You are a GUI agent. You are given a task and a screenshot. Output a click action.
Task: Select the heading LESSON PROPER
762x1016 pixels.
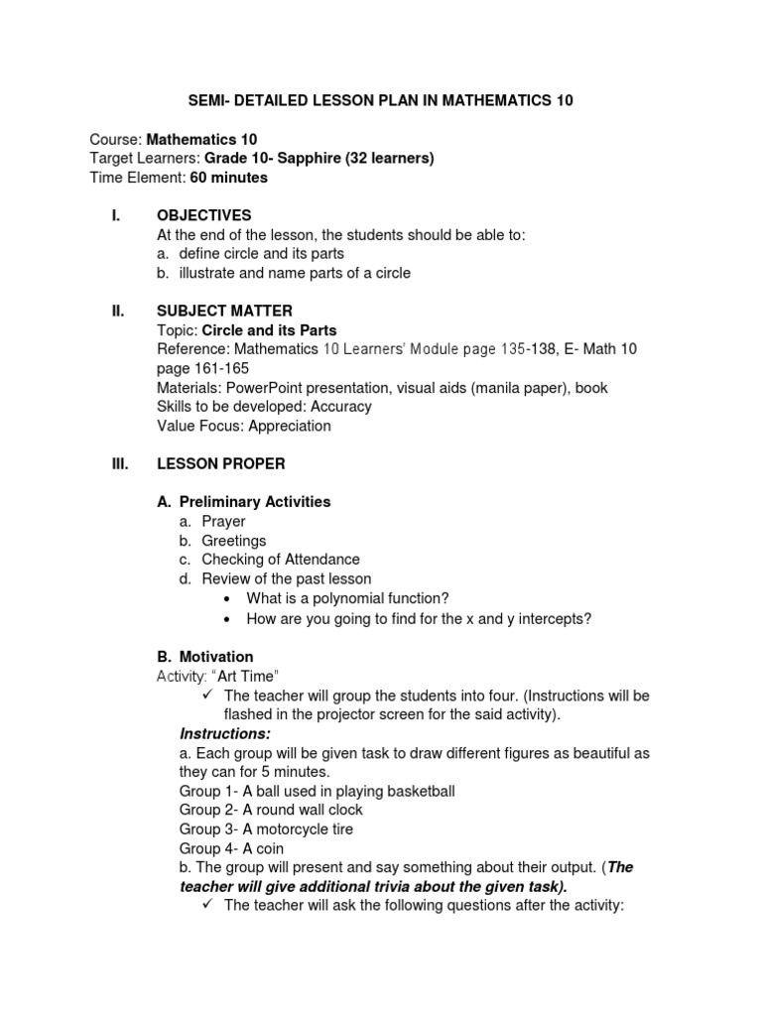click(x=221, y=463)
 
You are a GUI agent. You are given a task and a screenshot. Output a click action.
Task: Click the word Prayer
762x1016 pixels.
click(x=223, y=521)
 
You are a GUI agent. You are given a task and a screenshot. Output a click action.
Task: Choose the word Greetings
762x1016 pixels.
click(x=234, y=541)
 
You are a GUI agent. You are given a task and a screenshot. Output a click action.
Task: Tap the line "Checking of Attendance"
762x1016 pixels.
click(x=281, y=560)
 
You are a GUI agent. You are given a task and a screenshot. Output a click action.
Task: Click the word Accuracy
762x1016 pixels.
click(x=341, y=406)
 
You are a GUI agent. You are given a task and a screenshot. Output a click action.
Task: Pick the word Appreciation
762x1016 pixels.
click(x=290, y=426)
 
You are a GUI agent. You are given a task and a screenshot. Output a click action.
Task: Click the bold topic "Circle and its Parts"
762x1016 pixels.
click(x=283, y=329)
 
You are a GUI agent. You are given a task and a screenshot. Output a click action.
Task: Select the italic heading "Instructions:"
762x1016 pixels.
click(x=225, y=733)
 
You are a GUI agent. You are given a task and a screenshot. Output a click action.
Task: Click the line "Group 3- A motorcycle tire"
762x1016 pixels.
click(x=266, y=828)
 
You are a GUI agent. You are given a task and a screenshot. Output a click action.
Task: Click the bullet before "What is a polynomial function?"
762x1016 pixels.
click(x=228, y=599)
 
